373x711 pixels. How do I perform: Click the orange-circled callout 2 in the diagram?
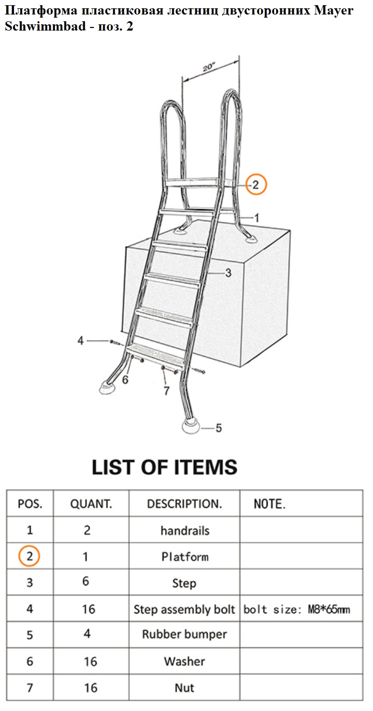tap(256, 184)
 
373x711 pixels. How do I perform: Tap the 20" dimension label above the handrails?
tap(209, 67)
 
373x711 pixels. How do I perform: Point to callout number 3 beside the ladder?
tap(228, 273)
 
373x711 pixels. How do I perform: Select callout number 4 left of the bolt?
tap(81, 340)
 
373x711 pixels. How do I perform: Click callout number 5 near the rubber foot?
tap(219, 428)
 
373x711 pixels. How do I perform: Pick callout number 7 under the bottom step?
tap(166, 390)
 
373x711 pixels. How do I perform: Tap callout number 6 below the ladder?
tap(125, 380)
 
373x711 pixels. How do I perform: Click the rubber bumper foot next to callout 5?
tap(191, 425)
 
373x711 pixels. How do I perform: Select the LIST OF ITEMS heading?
tap(165, 467)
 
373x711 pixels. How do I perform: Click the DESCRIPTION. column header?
tap(184, 504)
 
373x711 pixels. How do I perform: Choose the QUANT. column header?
tap(91, 504)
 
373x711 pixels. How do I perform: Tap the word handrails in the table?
tap(185, 530)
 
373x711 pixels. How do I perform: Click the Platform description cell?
tap(185, 557)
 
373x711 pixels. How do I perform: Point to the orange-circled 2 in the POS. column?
tap(29, 556)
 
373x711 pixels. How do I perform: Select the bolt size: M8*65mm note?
tap(296, 609)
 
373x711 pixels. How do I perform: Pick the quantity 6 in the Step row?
tap(85, 581)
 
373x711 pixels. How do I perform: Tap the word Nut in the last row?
tap(184, 688)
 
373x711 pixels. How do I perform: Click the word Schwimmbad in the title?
tap(46, 26)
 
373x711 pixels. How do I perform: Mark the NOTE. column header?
tap(269, 504)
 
